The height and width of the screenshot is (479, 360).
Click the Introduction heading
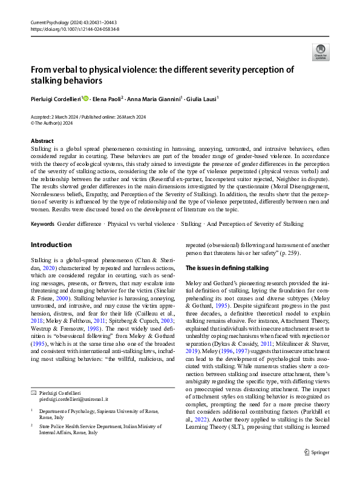[51, 245]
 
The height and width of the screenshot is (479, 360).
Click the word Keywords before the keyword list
[42, 223]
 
